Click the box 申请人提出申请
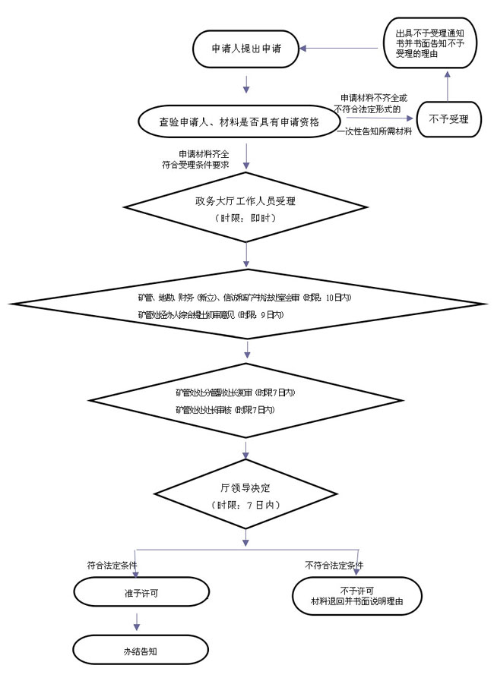coord(246,48)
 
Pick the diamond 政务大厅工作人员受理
coord(245,208)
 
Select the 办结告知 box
coord(140,651)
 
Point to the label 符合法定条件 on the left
coord(112,566)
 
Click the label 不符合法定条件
coord(334,566)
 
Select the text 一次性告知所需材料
coord(375,132)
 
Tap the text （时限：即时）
coord(245,218)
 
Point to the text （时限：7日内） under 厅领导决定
coord(245,505)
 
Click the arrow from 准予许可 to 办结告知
coord(138,621)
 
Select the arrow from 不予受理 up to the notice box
coord(448,87)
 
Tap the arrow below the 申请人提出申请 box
coord(246,83)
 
